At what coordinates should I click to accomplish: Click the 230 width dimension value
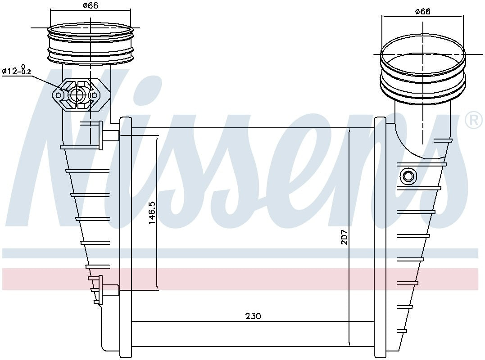coord(253,316)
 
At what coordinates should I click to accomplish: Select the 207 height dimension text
coord(344,237)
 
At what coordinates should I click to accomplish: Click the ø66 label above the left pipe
coord(91,5)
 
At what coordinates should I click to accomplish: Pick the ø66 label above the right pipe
coord(422,11)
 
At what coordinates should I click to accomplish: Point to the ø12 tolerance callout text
coord(17,71)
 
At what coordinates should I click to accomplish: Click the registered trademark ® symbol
coord(474,120)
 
